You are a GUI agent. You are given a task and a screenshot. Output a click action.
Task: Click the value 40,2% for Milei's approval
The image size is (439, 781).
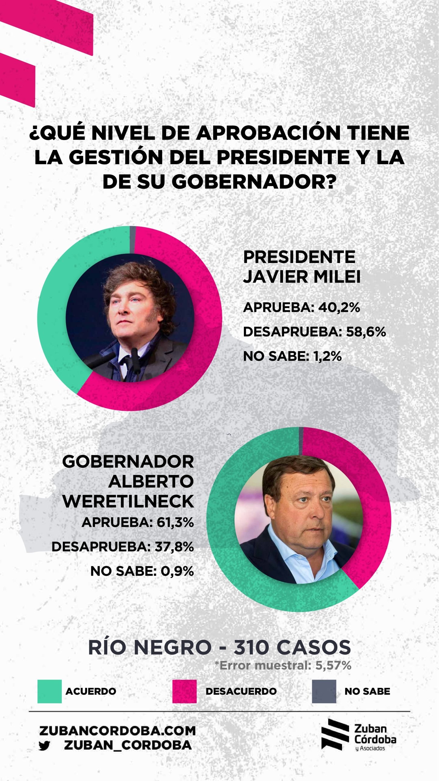(339, 308)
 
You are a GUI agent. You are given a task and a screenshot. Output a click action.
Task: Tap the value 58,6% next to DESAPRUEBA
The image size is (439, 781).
(366, 332)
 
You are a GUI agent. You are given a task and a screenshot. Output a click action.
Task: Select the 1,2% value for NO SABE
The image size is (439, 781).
(327, 356)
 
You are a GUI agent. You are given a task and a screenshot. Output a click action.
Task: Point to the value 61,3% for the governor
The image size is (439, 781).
(175, 523)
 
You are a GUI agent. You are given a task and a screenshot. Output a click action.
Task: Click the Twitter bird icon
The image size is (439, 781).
(45, 746)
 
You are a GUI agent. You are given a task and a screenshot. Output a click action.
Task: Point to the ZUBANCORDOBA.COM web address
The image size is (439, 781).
(117, 731)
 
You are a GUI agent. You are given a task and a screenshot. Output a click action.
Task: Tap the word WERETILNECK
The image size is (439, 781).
(128, 501)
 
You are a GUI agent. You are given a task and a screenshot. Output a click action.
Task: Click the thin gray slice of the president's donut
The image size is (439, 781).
(133, 240)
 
